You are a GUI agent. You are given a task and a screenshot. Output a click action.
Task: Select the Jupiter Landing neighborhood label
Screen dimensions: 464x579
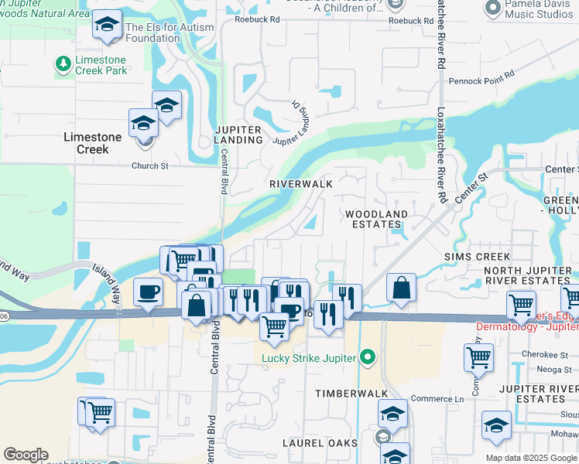pyautogui.click(x=240, y=135)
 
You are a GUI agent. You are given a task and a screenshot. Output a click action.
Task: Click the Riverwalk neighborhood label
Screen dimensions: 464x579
pyautogui.click(x=301, y=184)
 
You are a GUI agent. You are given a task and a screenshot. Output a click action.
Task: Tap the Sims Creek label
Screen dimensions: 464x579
pyautogui.click(x=477, y=256)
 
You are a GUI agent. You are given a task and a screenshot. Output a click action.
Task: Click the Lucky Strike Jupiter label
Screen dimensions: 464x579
pyautogui.click(x=307, y=358)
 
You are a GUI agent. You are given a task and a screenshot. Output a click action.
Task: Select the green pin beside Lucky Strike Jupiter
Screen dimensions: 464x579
pyautogui.click(x=368, y=358)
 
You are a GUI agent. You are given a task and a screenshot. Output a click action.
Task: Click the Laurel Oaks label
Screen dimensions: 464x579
pyautogui.click(x=325, y=443)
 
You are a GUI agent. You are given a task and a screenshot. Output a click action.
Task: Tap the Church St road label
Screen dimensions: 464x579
pyautogui.click(x=150, y=165)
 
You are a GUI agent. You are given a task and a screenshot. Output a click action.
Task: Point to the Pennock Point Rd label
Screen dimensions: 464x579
pyautogui.click(x=481, y=78)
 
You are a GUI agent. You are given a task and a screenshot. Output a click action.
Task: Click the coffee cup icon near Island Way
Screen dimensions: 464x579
pyautogui.click(x=148, y=292)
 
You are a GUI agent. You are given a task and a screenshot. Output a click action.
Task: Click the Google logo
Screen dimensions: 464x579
pyautogui.click(x=26, y=455)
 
